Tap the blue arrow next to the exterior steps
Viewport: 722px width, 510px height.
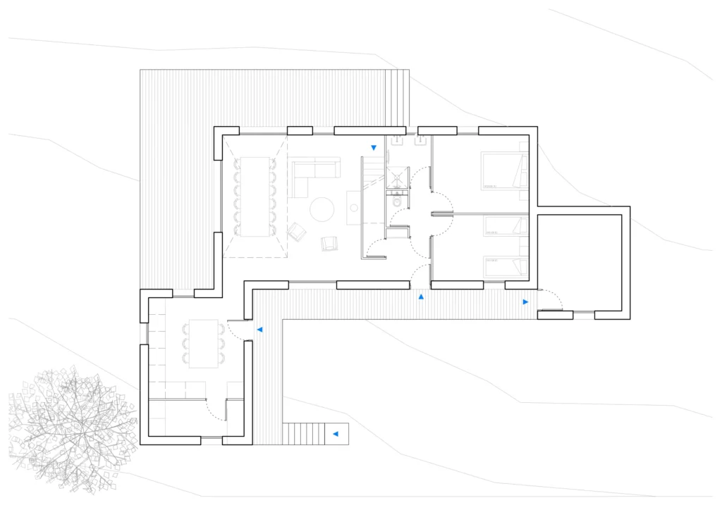coord(336,434)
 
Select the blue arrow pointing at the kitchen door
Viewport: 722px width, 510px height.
coord(259,329)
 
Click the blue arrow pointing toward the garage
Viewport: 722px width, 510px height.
coord(525,301)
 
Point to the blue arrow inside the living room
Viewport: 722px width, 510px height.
coord(374,147)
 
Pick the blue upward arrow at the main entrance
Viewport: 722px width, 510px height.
coord(421,297)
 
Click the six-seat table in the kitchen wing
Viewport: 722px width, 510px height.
coord(203,344)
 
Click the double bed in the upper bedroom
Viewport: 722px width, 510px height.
coord(503,170)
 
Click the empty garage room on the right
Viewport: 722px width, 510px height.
coord(579,262)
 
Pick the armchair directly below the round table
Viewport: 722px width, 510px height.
coord(329,243)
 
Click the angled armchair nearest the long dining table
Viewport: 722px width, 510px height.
coord(298,231)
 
